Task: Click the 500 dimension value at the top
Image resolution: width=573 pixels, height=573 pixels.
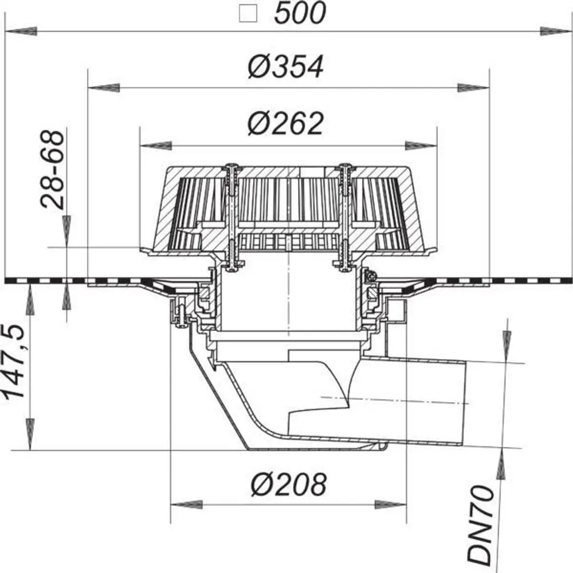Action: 300,13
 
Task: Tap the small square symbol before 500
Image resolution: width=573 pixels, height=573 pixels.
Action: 248,14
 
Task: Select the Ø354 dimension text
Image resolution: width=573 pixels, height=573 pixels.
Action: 286,66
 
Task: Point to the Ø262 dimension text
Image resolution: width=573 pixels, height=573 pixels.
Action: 285,123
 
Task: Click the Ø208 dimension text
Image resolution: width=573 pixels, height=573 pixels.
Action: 289,484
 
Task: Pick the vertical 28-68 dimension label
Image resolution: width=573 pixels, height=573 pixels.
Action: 53,169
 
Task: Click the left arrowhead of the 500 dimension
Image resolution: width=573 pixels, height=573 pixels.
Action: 21,32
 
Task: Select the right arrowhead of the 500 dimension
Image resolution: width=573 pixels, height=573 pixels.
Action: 556,32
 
